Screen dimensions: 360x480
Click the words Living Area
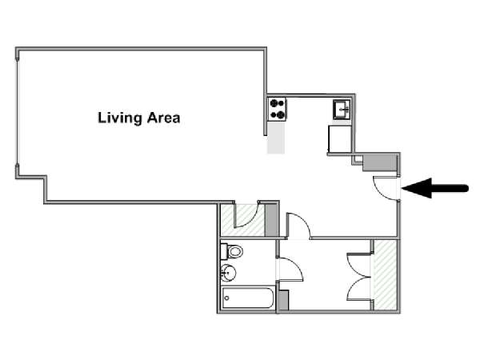point(138,118)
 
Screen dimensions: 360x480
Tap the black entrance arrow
point(435,189)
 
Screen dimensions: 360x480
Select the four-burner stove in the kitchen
point(278,108)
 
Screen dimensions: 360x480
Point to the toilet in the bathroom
point(233,251)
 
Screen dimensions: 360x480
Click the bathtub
point(248,300)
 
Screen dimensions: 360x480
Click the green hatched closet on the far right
point(387,274)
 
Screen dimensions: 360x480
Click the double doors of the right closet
point(358,276)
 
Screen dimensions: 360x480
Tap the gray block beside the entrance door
point(379,162)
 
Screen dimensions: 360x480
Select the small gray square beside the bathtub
point(282,301)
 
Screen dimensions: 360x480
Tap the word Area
point(163,118)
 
